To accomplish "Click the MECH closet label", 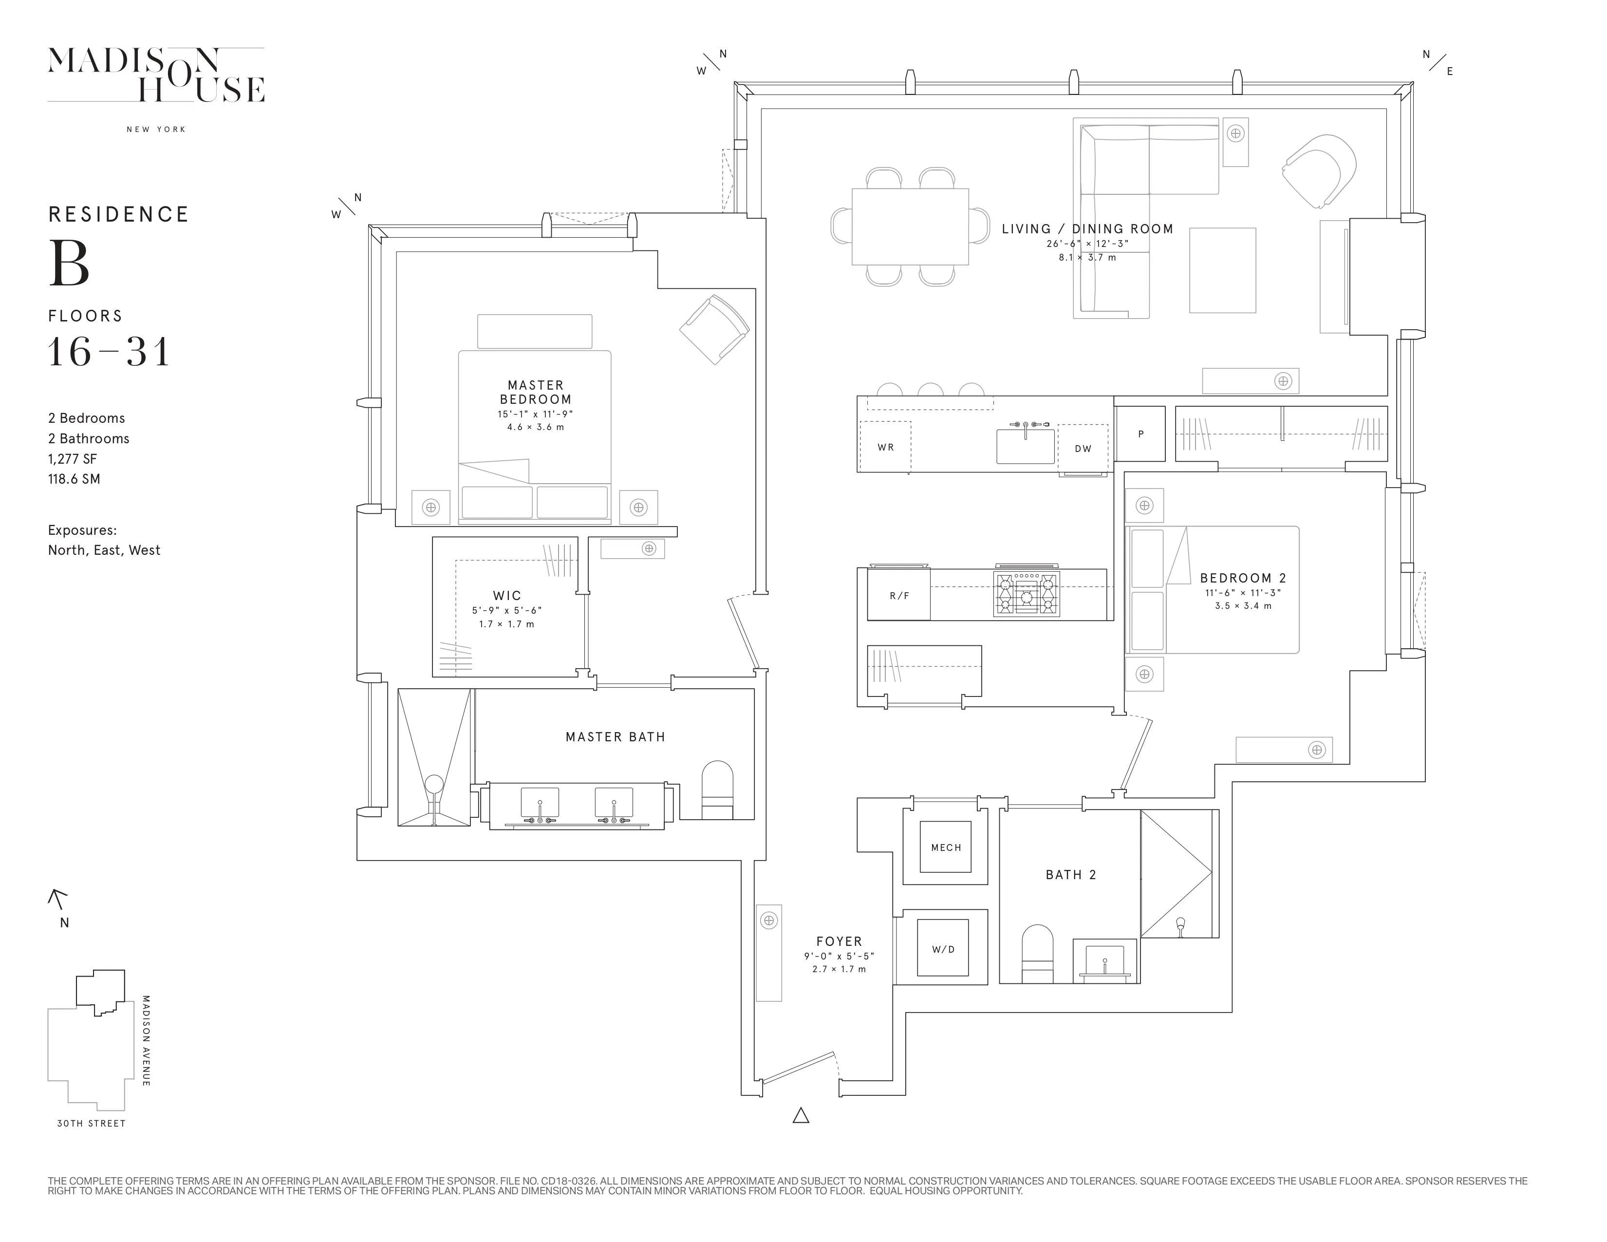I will pos(946,847).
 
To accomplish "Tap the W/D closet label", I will pos(943,949).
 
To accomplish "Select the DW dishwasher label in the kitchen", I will pos(1083,449).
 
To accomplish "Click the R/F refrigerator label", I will pos(899,596).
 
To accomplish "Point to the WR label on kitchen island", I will pos(885,447).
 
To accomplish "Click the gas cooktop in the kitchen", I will pos(1027,594).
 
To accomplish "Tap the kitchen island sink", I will pos(1025,446).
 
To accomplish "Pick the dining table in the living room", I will pos(910,226).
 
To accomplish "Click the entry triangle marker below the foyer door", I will pos(801,1115).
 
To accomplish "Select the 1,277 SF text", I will pos(73,458).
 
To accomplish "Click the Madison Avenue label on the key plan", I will pos(146,1040).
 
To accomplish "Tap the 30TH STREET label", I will pos(91,1124).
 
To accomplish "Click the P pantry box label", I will pos(1140,434).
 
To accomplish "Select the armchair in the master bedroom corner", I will pos(714,330).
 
